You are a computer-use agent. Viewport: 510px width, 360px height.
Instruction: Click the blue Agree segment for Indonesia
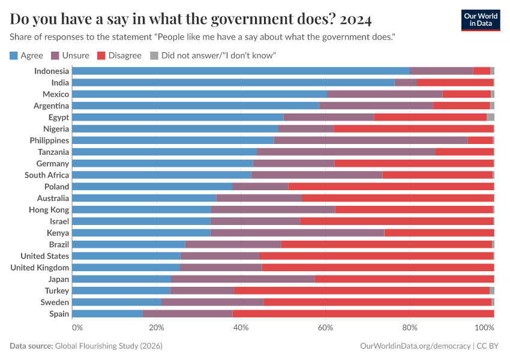(241, 71)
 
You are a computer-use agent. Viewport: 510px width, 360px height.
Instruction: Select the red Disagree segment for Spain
(363, 314)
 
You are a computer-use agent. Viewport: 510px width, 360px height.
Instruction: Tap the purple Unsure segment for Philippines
(371, 140)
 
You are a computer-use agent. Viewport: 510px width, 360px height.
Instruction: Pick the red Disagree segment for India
(455, 82)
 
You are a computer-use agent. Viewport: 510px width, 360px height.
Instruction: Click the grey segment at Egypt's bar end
(490, 117)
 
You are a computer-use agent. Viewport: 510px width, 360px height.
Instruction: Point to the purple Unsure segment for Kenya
(297, 233)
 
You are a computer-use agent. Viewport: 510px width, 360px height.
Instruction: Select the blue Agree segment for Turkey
(121, 290)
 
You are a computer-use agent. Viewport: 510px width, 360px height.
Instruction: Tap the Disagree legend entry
(119, 56)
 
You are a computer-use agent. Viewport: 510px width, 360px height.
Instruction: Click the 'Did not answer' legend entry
(212, 56)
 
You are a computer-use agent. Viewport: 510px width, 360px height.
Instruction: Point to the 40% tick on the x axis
(241, 328)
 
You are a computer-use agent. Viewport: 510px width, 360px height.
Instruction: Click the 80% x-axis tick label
(410, 328)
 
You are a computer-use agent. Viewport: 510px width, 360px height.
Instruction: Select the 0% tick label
(77, 328)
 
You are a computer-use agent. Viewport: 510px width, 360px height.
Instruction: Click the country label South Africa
(47, 175)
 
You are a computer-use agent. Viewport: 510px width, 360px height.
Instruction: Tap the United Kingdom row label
(40, 268)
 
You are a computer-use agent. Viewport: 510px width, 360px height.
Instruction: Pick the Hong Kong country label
(49, 210)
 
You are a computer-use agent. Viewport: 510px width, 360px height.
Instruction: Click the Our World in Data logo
(480, 20)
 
